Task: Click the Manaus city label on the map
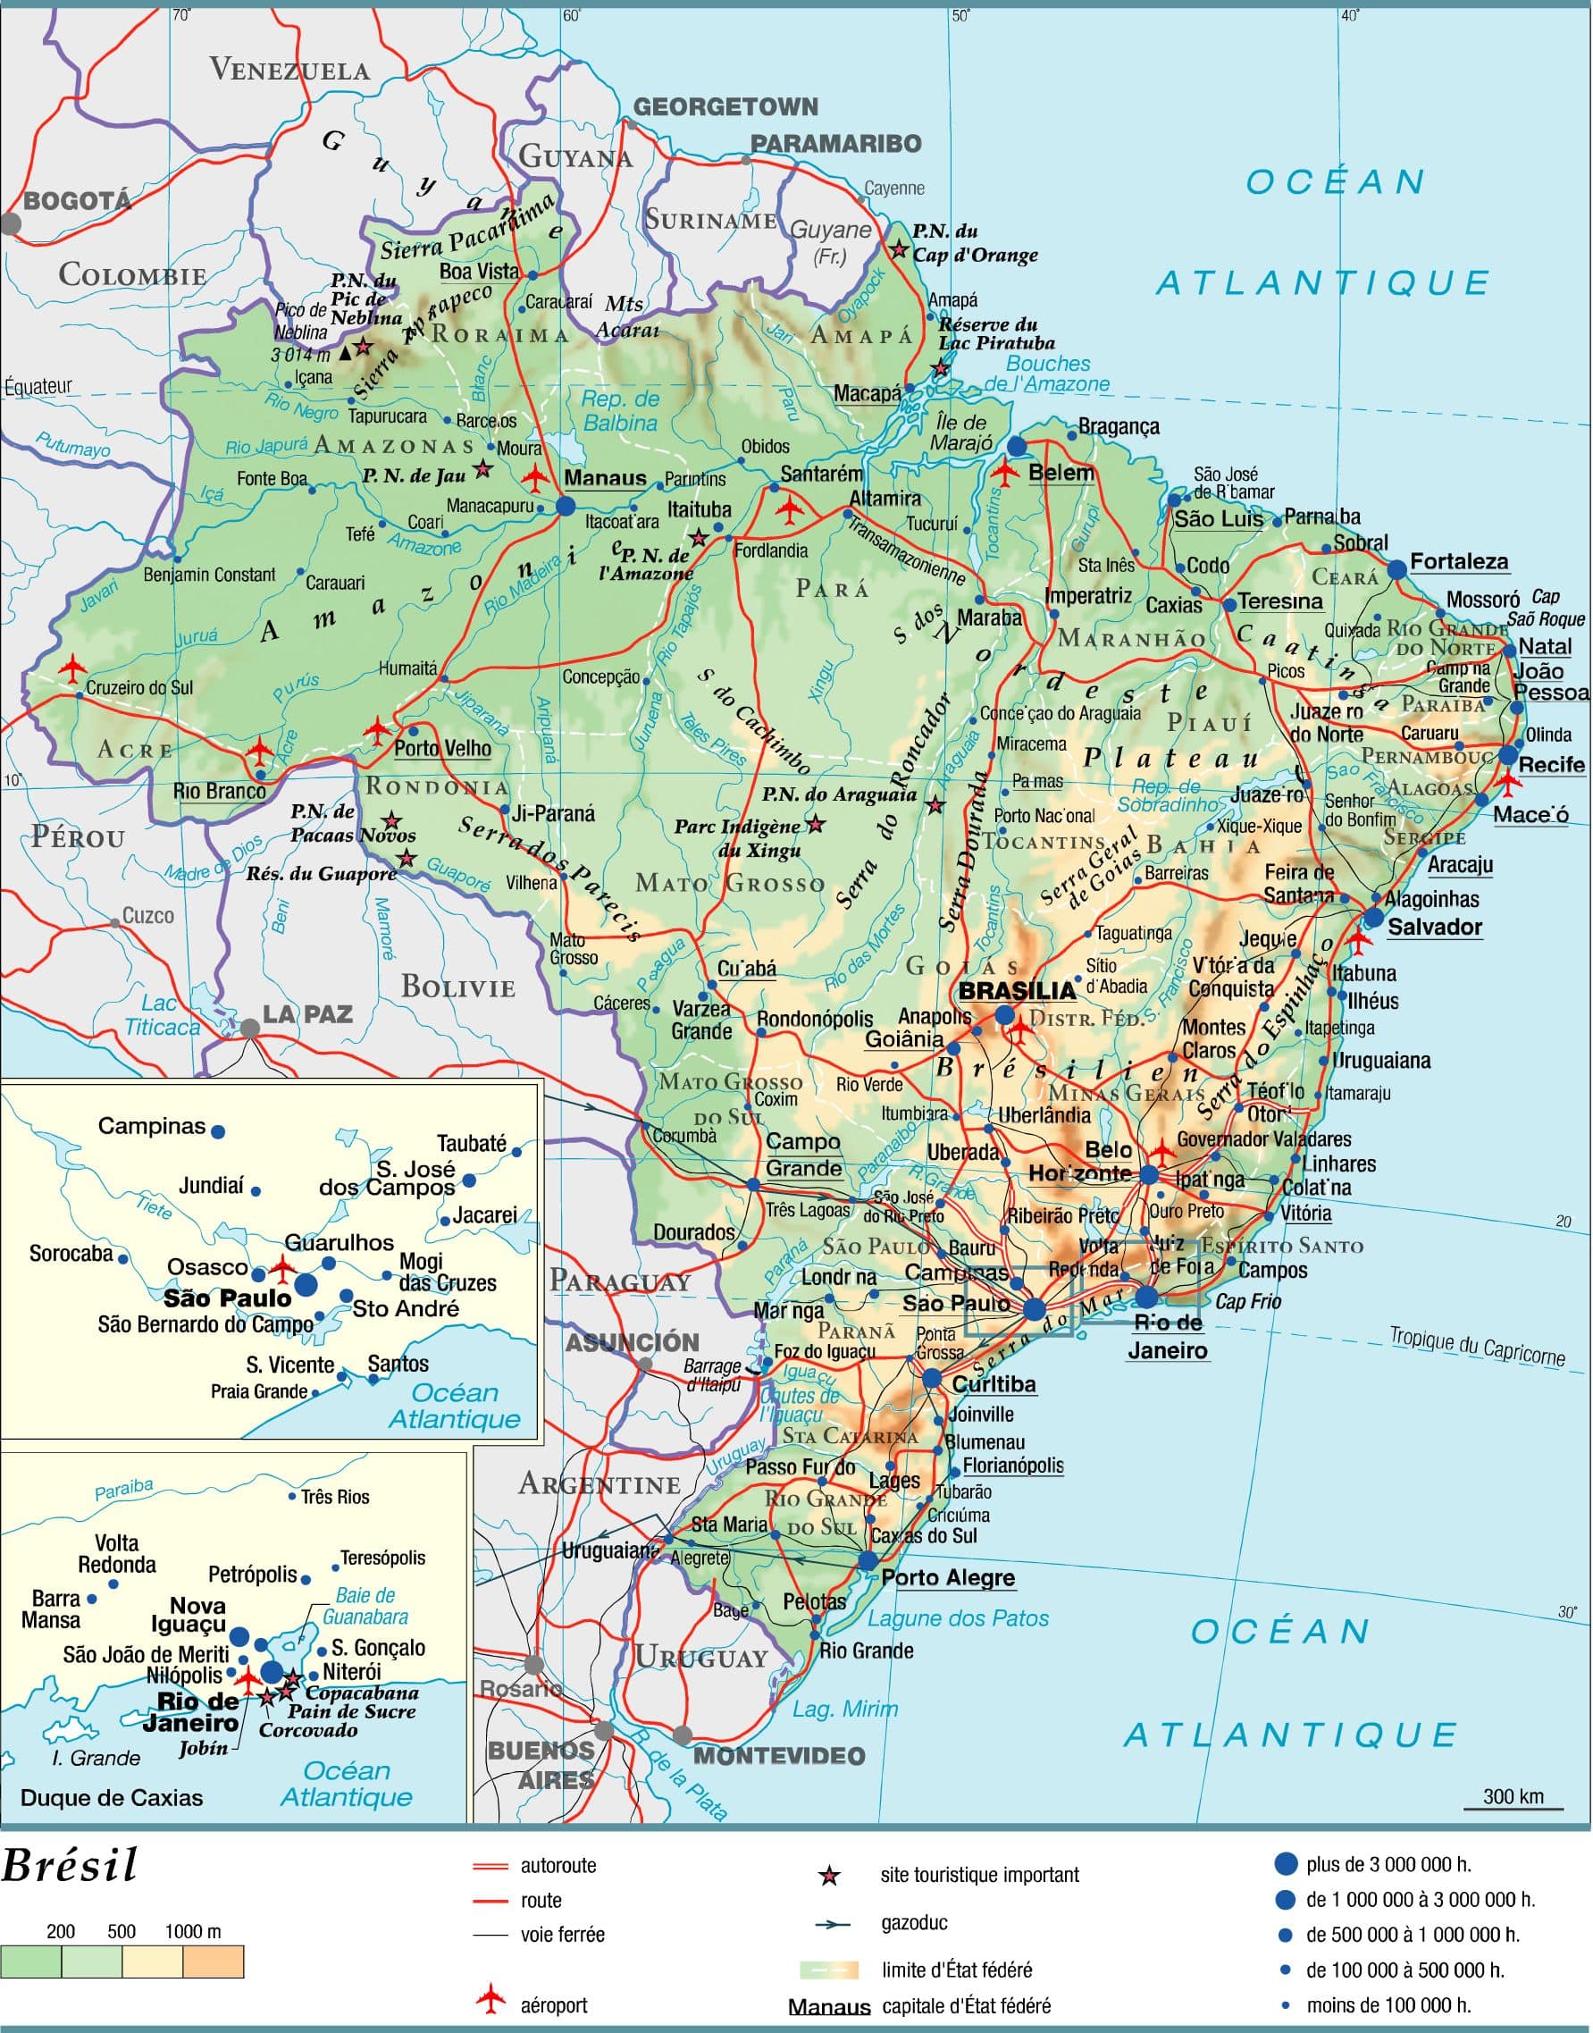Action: point(605,478)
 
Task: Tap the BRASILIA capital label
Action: point(1018,991)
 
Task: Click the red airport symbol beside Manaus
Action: point(534,479)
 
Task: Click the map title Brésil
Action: point(70,1865)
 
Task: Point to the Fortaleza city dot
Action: point(1396,569)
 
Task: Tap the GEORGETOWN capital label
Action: point(725,106)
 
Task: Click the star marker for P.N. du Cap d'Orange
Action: point(898,249)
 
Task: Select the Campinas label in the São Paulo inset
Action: point(151,1126)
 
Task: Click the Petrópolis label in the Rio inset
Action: point(252,1575)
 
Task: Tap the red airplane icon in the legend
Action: point(490,1999)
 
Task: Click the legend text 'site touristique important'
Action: point(979,1875)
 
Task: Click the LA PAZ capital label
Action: point(306,1014)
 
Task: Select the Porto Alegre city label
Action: point(948,1578)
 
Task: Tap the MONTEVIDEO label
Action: point(780,1755)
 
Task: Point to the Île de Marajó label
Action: point(963,432)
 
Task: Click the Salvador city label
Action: point(1435,927)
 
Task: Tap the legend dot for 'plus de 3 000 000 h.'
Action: point(1286,1864)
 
